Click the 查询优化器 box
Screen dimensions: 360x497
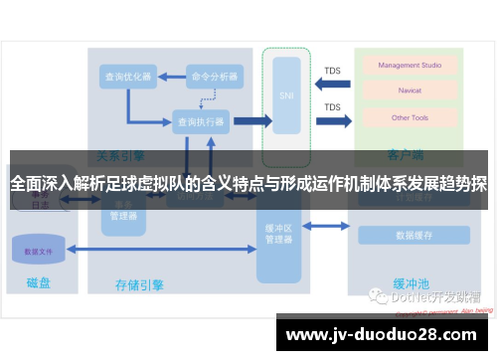[x=127, y=77]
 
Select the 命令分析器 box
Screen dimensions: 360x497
[x=215, y=77]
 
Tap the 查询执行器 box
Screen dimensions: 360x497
[x=201, y=121]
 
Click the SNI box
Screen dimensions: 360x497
[x=287, y=96]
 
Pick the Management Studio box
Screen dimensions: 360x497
[x=409, y=66]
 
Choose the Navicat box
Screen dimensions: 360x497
[x=409, y=91]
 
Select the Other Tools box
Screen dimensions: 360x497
[x=409, y=117]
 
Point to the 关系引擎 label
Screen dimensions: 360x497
[x=119, y=156]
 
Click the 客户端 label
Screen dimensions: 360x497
[x=407, y=156]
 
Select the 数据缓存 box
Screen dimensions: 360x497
[x=413, y=236]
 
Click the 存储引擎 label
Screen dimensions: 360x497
[x=139, y=284]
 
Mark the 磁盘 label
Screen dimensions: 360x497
[x=38, y=284]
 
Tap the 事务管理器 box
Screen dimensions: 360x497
[x=123, y=212]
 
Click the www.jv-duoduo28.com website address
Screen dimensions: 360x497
[x=383, y=335]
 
